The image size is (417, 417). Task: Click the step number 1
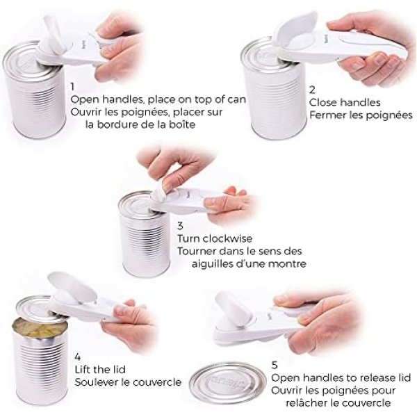click(72, 87)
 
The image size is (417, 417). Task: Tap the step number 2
click(312, 90)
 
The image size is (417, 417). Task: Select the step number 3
click(180, 226)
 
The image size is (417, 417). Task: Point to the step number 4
click(78, 357)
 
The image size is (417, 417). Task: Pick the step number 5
click(275, 365)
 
